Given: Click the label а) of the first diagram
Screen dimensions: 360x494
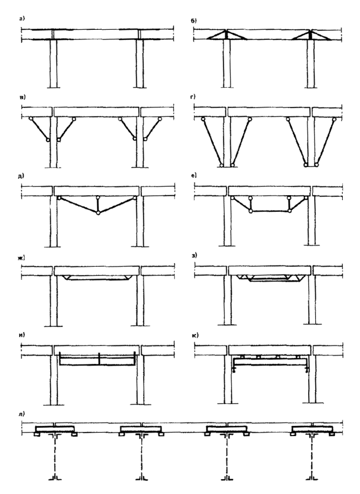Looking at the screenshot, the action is [21, 18].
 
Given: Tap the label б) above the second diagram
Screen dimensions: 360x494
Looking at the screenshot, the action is [194, 21].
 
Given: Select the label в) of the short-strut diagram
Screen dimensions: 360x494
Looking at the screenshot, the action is [22, 98].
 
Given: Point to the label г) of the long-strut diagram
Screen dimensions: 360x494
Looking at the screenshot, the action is [193, 97].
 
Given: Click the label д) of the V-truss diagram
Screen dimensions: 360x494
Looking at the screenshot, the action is [20, 176].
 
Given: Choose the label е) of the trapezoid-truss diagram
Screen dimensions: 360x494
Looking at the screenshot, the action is [194, 175].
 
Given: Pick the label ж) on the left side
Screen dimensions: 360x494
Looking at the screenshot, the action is [21, 258].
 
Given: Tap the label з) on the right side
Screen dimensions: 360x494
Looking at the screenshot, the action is [194, 255].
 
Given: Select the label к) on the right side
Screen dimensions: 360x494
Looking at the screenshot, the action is [194, 335].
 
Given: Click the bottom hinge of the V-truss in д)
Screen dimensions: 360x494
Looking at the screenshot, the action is [98, 213].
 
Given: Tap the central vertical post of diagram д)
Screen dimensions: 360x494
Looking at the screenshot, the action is [98, 205].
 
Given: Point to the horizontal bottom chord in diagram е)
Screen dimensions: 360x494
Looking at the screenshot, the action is [270, 211].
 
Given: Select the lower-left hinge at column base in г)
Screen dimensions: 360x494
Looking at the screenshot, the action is [222, 165].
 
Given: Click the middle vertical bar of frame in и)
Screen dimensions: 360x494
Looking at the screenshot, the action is [99, 359].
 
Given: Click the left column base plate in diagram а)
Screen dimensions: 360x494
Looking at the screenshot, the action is [54, 87].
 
